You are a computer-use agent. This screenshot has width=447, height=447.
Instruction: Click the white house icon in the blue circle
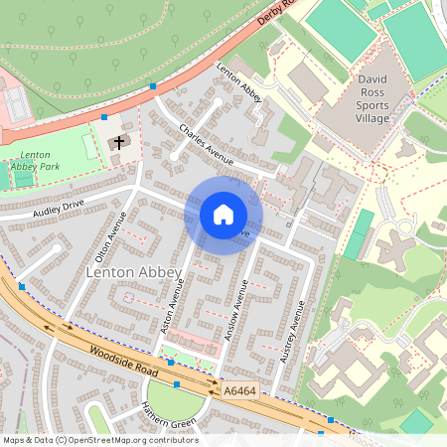click(223, 215)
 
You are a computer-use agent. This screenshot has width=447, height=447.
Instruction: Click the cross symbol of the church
click(119, 144)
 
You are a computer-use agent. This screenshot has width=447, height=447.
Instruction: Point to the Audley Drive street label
click(58, 208)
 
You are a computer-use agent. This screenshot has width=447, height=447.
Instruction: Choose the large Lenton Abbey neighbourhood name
click(134, 272)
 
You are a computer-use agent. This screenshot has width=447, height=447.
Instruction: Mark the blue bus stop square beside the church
click(104, 117)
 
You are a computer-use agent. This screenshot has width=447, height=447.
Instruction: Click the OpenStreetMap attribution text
click(99, 440)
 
